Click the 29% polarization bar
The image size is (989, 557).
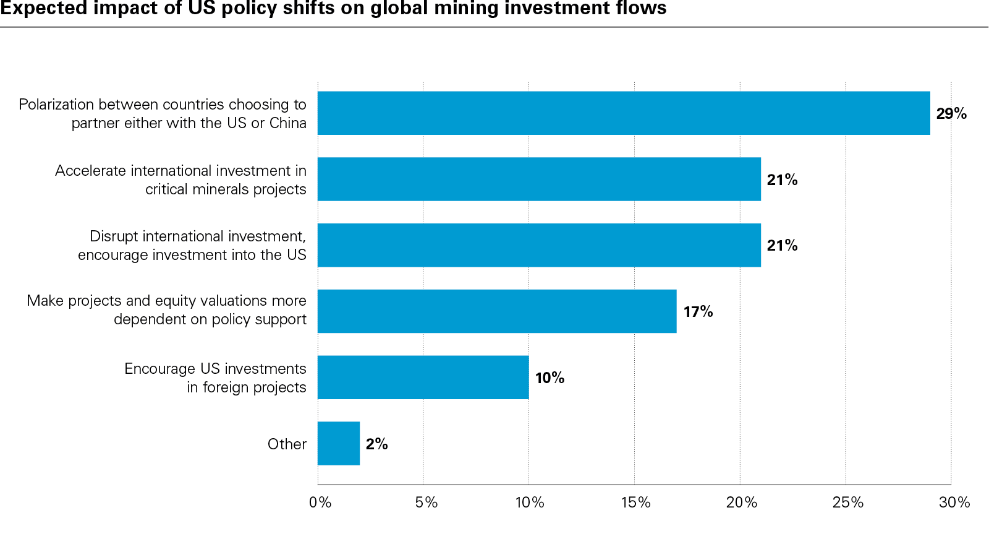pyautogui.click(x=623, y=113)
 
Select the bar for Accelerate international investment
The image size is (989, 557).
pyautogui.click(x=539, y=179)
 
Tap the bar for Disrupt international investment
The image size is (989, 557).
pyautogui.click(x=539, y=245)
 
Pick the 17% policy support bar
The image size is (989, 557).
pyautogui.click(x=497, y=311)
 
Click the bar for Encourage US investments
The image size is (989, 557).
pyautogui.click(x=423, y=378)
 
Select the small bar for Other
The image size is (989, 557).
pyautogui.click(x=338, y=443)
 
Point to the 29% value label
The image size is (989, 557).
pyautogui.click(x=951, y=114)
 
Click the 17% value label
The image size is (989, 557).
pyautogui.click(x=698, y=312)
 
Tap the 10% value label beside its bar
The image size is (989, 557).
pyautogui.click(x=550, y=378)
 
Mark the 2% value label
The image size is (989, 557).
pyautogui.click(x=376, y=444)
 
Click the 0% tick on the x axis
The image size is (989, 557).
pyautogui.click(x=320, y=503)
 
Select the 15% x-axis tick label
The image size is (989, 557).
pyautogui.click(x=635, y=503)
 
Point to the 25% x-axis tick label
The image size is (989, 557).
pyautogui.click(x=847, y=503)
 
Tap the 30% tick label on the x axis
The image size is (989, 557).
pyautogui.click(x=954, y=503)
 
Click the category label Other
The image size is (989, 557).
pyautogui.click(x=287, y=444)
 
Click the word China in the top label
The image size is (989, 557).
pyautogui.click(x=287, y=123)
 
